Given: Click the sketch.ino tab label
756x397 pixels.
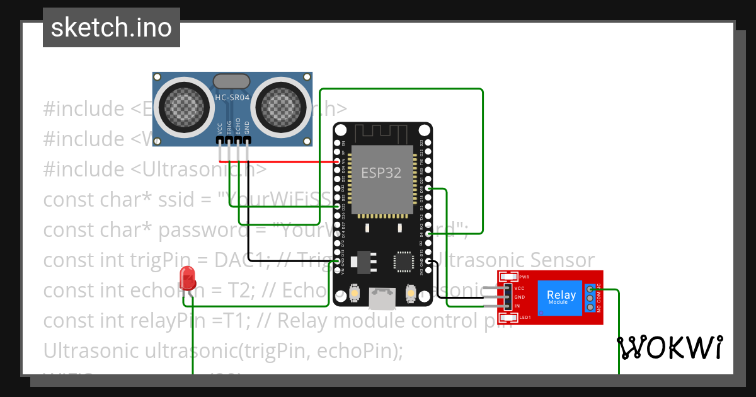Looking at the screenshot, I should pyautogui.click(x=111, y=28).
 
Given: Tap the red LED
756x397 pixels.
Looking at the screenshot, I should pyautogui.click(x=186, y=277).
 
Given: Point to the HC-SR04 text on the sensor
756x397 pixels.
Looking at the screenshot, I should pyautogui.click(x=232, y=97).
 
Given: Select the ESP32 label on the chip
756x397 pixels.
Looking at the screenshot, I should pyautogui.click(x=381, y=173).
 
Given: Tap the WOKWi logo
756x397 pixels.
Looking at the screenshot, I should pyautogui.click(x=670, y=348).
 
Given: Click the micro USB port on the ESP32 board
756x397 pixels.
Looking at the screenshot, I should pyautogui.click(x=382, y=299).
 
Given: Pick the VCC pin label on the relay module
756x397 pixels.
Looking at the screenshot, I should pyautogui.click(x=520, y=287).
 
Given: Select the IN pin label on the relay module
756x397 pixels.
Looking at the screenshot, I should pyautogui.click(x=517, y=306).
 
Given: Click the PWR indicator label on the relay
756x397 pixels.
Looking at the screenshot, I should pyautogui.click(x=524, y=277).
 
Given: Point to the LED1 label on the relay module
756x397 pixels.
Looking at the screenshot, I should pyautogui.click(x=525, y=317).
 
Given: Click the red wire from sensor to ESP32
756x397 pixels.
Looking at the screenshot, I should pyautogui.click(x=283, y=161).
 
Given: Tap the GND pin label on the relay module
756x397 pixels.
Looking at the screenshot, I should pyautogui.click(x=520, y=296).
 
